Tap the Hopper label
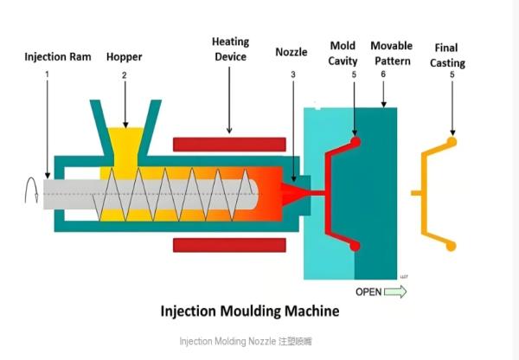[124, 58]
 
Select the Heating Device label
[229, 49]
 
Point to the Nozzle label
[292, 53]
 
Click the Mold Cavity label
[343, 52]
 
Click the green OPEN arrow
[394, 292]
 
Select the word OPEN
[368, 292]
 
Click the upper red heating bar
[229, 144]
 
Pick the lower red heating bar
[229, 245]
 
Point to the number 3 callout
[293, 74]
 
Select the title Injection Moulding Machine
[250, 311]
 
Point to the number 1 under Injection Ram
[47, 75]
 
